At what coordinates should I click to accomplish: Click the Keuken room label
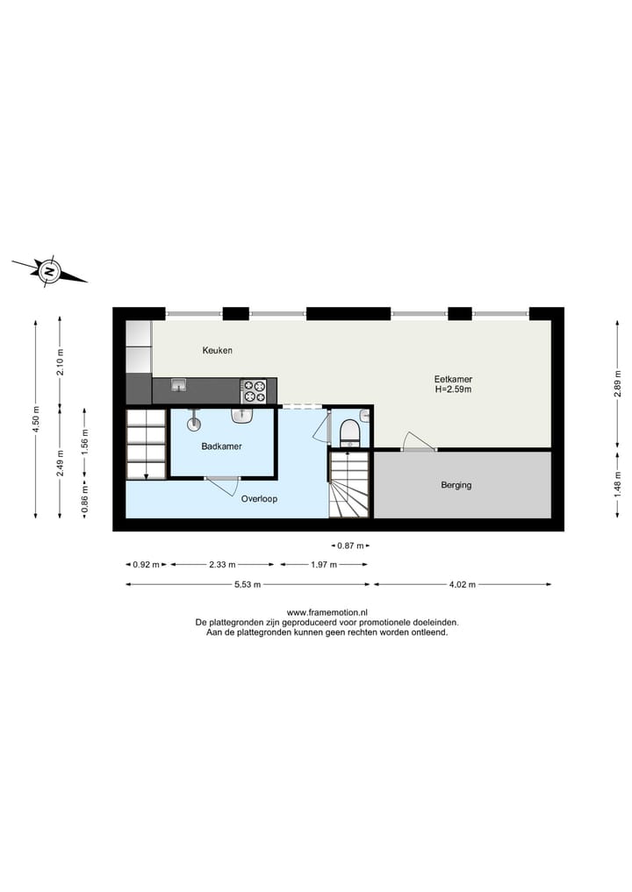tap(217, 351)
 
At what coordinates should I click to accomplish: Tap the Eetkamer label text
tap(453, 380)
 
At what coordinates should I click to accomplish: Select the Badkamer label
tap(221, 446)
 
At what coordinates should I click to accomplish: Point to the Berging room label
tap(456, 484)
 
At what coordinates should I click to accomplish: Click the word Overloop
tap(260, 498)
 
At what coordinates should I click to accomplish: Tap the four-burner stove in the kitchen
tap(254, 390)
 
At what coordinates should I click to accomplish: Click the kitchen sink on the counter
tap(179, 385)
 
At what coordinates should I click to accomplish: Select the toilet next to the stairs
tap(348, 431)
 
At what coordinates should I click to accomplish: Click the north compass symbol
tap(50, 271)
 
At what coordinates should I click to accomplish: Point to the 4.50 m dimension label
tap(36, 408)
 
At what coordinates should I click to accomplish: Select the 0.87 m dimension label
tap(348, 546)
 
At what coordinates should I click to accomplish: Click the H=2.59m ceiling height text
tap(454, 390)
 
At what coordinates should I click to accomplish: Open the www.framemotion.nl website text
tap(327, 613)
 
